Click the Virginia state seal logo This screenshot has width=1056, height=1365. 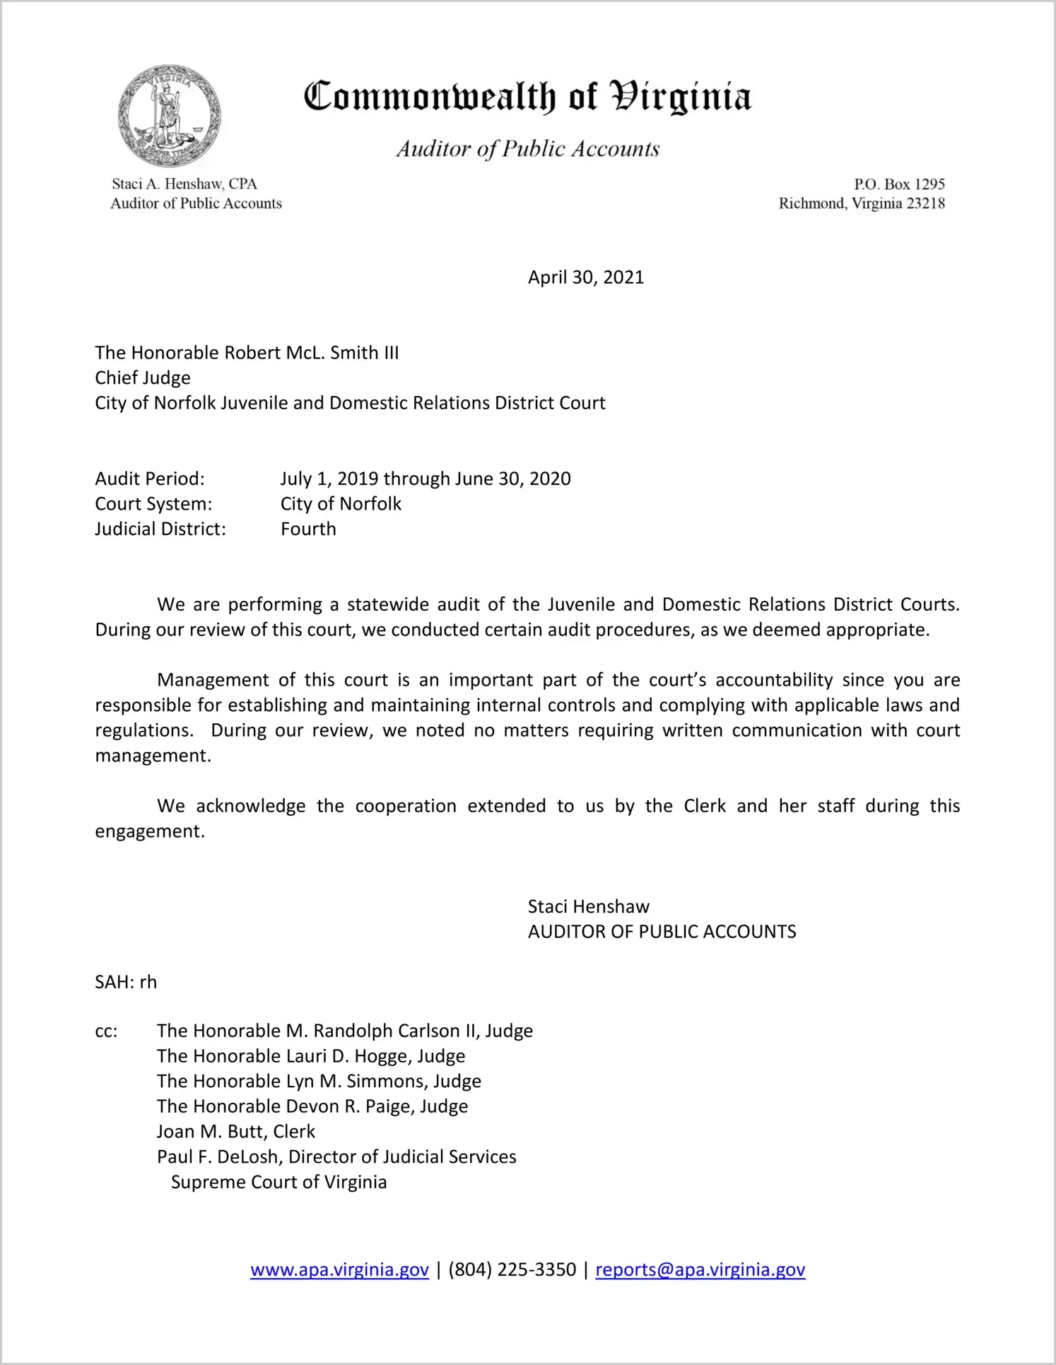click(x=169, y=116)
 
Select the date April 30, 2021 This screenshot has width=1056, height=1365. click(x=586, y=277)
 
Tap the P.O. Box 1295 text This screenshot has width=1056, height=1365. click(x=899, y=184)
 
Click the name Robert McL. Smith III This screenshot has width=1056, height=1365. click(x=311, y=353)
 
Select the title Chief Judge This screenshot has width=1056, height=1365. click(x=143, y=378)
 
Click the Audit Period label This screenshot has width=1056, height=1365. click(x=150, y=479)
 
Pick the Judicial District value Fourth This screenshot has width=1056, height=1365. click(x=308, y=529)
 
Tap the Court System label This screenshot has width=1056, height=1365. click(x=153, y=504)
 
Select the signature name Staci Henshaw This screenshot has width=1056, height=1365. click(x=588, y=907)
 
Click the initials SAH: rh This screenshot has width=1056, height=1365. click(x=126, y=983)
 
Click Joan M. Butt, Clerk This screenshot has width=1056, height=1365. click(x=236, y=1132)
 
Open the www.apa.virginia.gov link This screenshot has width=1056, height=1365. click(x=339, y=1270)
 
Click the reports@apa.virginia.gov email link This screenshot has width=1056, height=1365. click(x=700, y=1270)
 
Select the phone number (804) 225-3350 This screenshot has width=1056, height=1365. click(x=512, y=1270)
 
